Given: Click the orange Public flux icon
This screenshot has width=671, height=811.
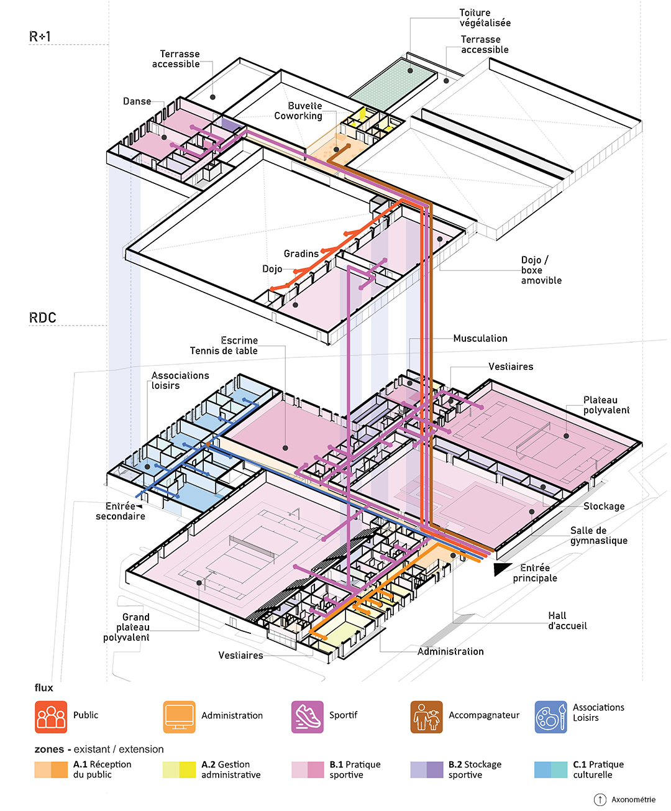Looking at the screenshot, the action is pos(51,717).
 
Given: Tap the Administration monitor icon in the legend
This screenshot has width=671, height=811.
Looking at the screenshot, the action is pos(179,717).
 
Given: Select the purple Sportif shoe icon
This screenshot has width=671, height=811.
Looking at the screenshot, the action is pos(307,717).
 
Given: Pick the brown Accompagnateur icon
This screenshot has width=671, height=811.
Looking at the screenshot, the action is pos(426,717).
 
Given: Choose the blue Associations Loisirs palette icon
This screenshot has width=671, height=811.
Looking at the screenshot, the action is pos(550,717).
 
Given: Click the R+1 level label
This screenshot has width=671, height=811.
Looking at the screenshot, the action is pos(40,37).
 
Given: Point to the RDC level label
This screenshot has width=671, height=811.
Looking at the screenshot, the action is pos(43,318).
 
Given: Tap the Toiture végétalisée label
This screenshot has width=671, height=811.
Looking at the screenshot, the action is pos(485,18).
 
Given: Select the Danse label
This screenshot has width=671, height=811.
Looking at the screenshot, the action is pos(137,101).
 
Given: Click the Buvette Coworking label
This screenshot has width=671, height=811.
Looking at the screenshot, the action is pos(298,111).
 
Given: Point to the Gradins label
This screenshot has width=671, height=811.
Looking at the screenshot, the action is pos(301,254).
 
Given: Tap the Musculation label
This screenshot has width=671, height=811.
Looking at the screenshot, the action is pos(480,338).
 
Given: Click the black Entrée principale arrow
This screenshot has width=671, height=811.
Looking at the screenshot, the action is pos(501,569).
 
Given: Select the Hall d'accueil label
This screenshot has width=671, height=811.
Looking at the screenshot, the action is pos(567,620).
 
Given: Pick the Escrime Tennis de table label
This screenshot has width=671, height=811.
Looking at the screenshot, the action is pos(224,346).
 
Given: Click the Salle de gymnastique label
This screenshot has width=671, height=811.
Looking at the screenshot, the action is pos(599,535).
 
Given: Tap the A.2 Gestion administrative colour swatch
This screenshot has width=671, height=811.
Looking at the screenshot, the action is pos(179,769).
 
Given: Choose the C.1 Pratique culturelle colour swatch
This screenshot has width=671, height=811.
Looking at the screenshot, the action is pos(550,769).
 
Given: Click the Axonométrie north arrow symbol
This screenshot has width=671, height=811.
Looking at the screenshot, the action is pos(600,799).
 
